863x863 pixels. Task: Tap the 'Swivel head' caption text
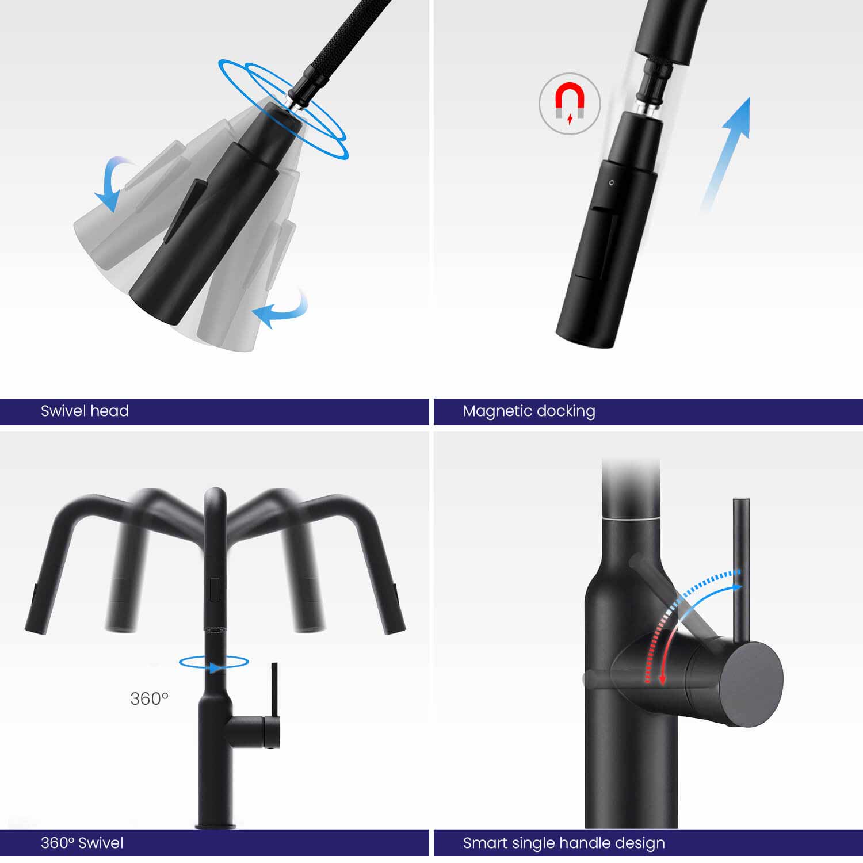[85, 411]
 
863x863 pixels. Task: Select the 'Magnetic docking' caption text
[529, 411]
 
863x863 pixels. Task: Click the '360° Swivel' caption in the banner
[82, 843]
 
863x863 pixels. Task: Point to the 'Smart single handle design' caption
[564, 843]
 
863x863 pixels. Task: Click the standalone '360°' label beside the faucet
[149, 698]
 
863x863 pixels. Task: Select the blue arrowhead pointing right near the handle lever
[736, 588]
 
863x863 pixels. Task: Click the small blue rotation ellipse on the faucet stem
[214, 662]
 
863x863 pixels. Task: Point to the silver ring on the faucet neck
[631, 518]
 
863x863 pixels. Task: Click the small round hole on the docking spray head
[611, 182]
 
